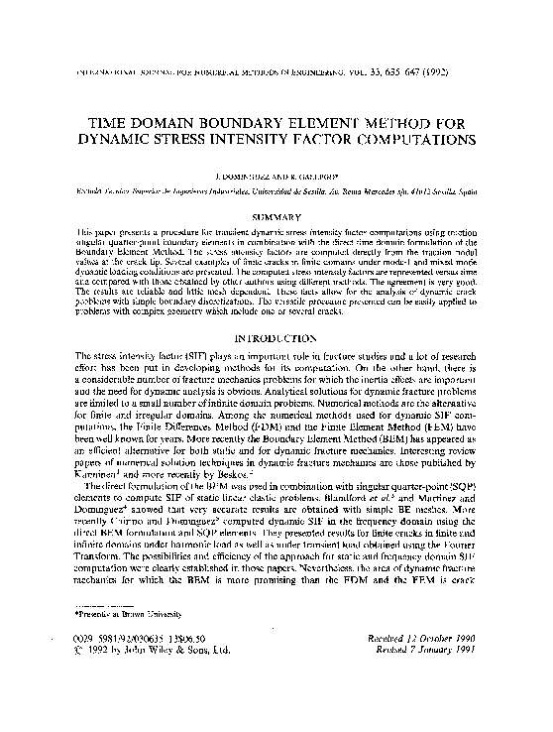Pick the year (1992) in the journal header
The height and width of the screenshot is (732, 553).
tap(461, 72)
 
